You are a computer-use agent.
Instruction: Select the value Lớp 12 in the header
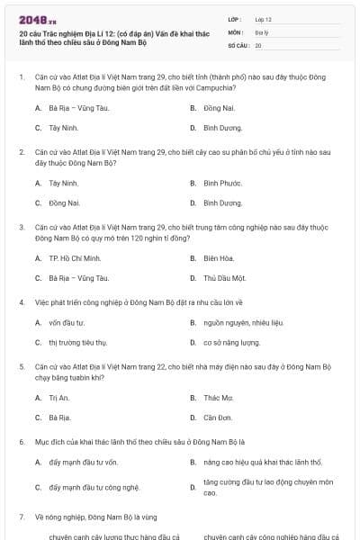pyautogui.click(x=263, y=18)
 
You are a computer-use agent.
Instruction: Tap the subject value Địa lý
pyautogui.click(x=262, y=31)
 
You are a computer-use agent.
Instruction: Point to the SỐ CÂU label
pyautogui.click(x=238, y=44)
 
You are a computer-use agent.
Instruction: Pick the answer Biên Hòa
pyautogui.click(x=220, y=258)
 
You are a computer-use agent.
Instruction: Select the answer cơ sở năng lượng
pyautogui.click(x=231, y=342)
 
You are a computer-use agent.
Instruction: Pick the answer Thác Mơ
pyautogui.click(x=218, y=397)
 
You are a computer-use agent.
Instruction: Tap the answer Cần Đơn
pyautogui.click(x=218, y=418)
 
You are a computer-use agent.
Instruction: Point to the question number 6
pyautogui.click(x=22, y=443)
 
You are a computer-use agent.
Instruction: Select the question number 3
pyautogui.click(x=22, y=228)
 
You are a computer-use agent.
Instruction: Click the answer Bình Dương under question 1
pyautogui.click(x=222, y=128)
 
